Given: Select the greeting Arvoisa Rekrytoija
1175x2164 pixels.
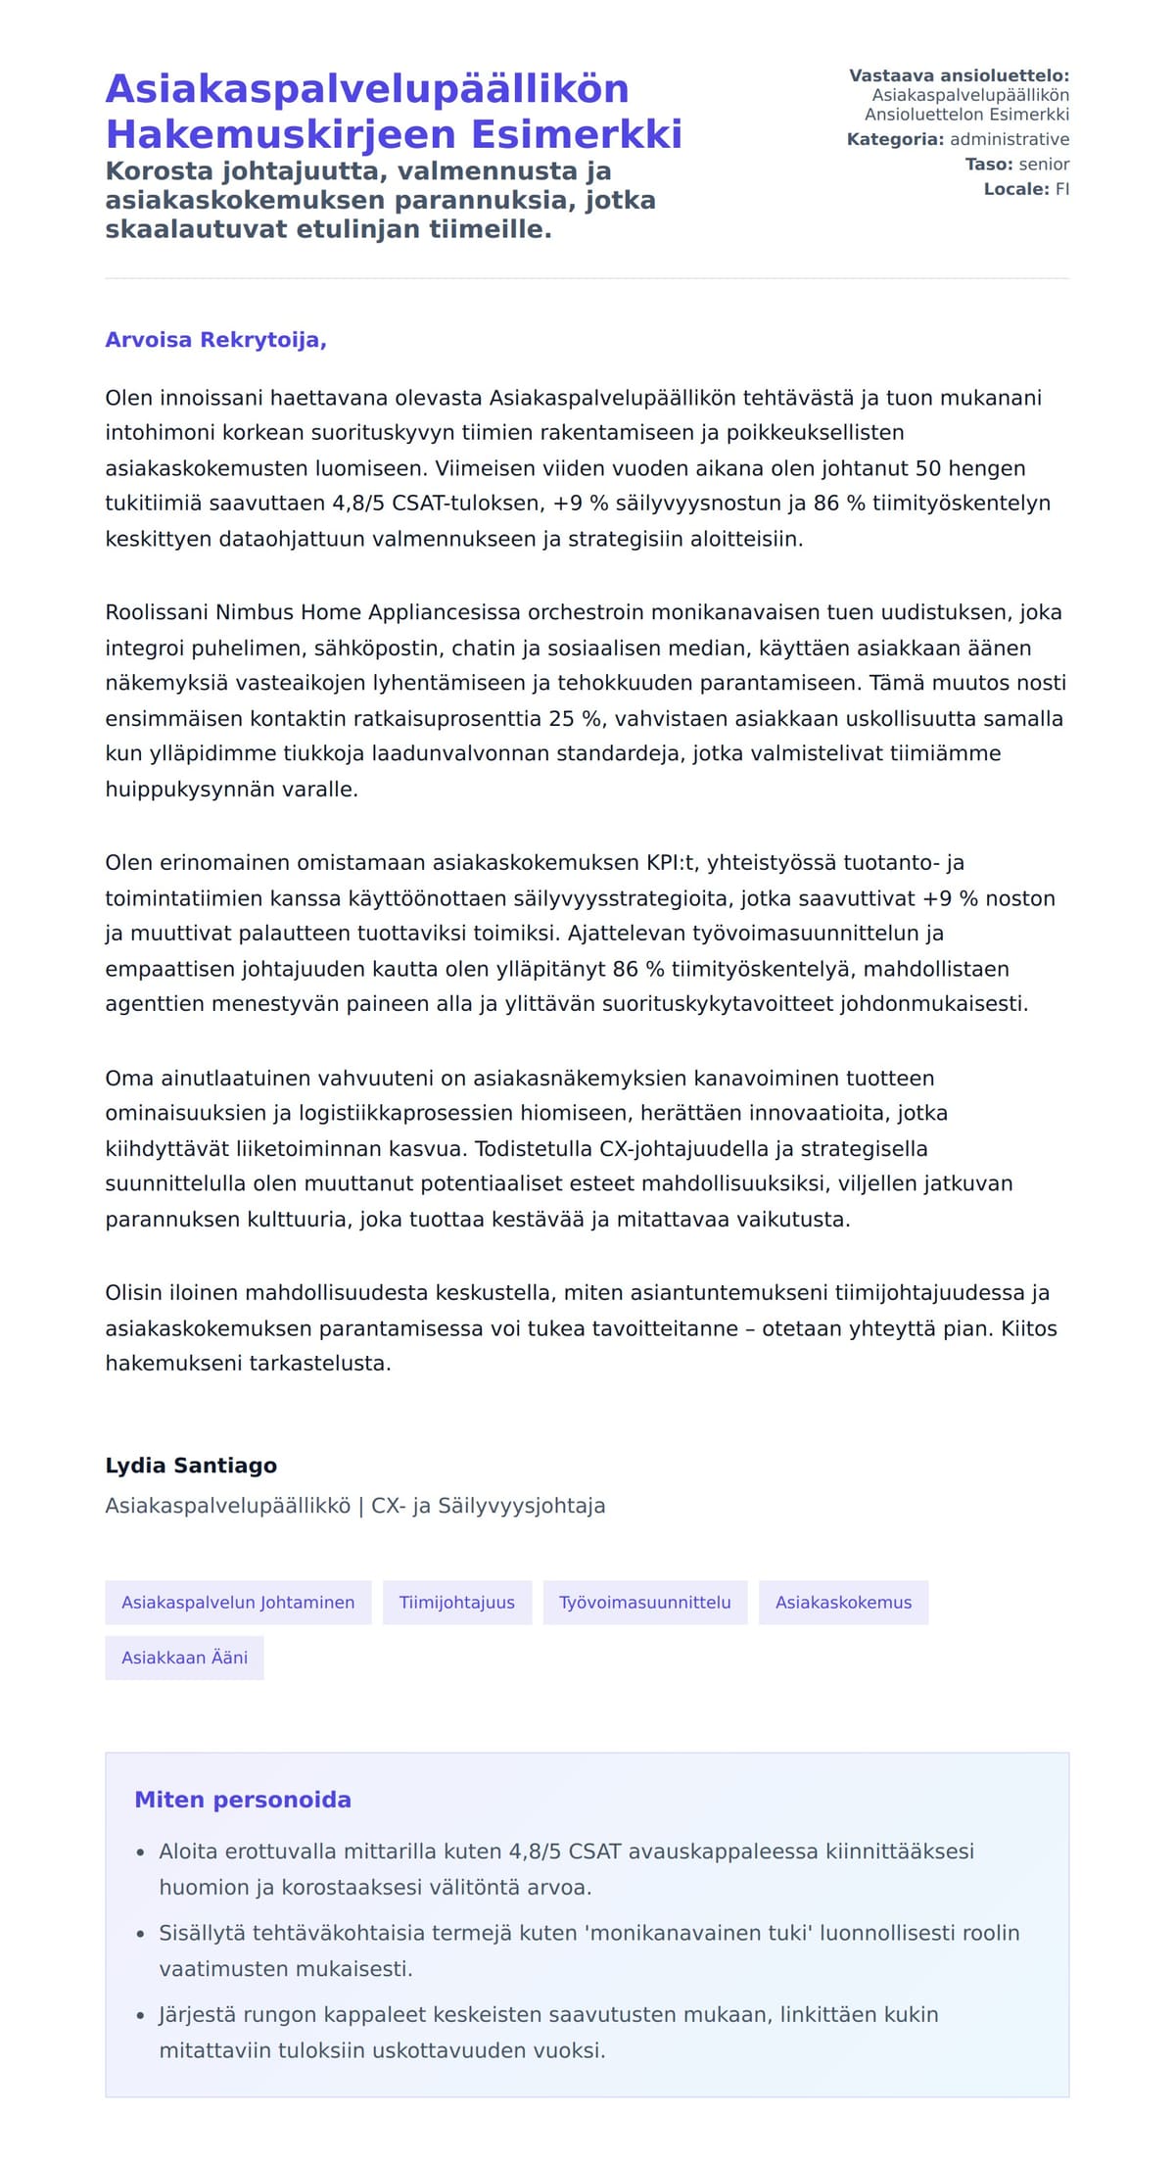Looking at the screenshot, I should pos(215,340).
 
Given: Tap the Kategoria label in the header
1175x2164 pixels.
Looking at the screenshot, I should pos(895,139).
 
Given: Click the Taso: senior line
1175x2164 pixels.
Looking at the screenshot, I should pos(1016,165).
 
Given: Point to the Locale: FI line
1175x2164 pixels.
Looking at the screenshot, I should pos(1026,189).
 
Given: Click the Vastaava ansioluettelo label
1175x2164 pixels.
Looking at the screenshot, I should pos(959,75).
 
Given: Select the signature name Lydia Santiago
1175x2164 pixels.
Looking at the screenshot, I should pos(191,1466).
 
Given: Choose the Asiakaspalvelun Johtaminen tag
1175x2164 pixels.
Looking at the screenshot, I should pos(238,1603).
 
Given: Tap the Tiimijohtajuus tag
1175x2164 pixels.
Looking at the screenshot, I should pos(456,1603).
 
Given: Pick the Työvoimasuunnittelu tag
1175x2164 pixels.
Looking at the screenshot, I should pos(644,1603).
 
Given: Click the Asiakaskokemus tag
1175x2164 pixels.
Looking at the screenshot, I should pos(843,1603).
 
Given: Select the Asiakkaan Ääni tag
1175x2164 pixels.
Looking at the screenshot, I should pos(184,1658).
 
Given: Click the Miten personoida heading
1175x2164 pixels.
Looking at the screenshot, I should pos(242,1800).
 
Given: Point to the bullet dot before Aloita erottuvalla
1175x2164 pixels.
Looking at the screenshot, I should pos(140,1852).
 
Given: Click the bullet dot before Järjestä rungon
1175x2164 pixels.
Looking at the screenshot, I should pos(140,2016).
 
